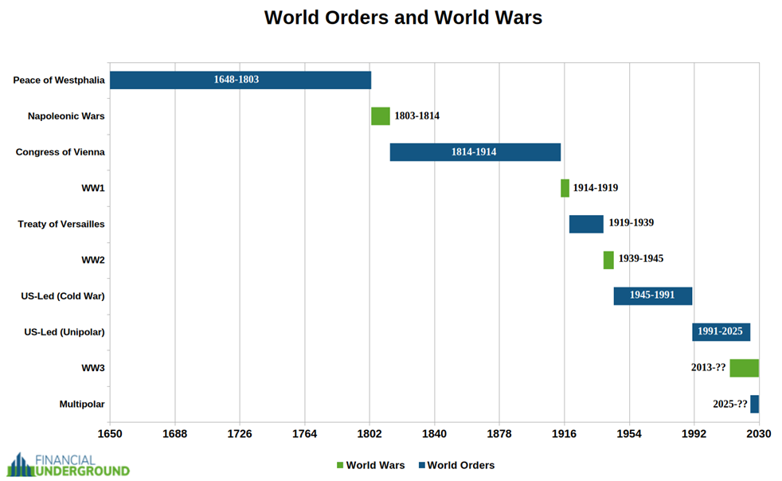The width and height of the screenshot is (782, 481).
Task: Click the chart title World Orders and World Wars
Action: (x=403, y=18)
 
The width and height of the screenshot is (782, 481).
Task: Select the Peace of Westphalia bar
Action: (x=240, y=80)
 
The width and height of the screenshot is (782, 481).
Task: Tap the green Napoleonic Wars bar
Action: (x=380, y=116)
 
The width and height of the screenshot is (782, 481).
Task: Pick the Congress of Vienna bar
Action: (x=475, y=152)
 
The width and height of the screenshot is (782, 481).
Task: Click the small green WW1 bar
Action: (x=565, y=188)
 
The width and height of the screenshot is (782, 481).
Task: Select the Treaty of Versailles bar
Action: (x=585, y=224)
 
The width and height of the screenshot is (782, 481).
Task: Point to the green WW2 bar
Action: (x=608, y=260)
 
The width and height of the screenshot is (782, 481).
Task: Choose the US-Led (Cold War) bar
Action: (x=652, y=295)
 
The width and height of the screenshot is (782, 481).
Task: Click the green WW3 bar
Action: (x=744, y=368)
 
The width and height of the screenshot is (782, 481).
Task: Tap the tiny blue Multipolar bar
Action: (x=754, y=404)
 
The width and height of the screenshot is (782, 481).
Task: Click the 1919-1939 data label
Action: (x=631, y=223)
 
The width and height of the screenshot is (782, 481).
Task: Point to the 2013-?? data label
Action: (x=708, y=368)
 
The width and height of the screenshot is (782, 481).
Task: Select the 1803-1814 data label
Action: (x=416, y=116)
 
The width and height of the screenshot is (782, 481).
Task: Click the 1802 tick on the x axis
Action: (x=369, y=434)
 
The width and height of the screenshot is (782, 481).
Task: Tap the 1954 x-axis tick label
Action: (x=629, y=434)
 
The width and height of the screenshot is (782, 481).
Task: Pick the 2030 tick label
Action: (x=758, y=434)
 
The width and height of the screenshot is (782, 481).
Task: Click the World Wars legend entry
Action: (x=370, y=465)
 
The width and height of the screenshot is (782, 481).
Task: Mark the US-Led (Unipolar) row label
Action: (x=65, y=332)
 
